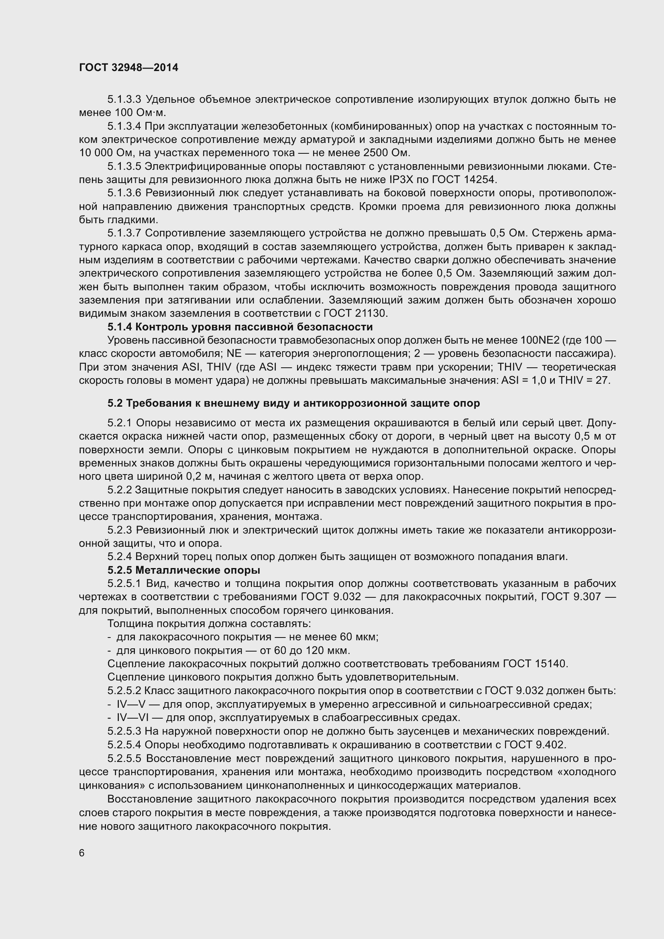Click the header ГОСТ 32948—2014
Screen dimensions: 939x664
click(128, 68)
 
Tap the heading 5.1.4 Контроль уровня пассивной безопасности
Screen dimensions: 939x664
click(240, 327)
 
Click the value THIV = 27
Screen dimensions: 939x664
click(584, 380)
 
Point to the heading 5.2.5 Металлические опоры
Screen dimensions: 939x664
click(183, 570)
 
